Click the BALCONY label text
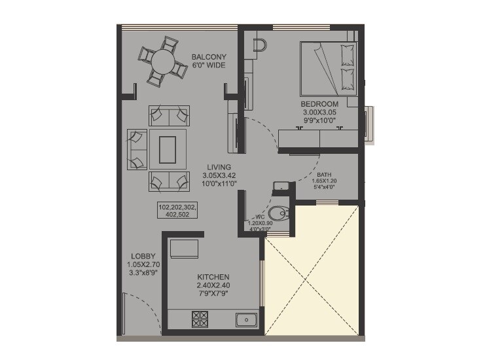pos(209,58)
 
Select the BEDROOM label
pos(319,104)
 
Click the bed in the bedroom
pos(328,68)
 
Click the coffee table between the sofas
pos(168,149)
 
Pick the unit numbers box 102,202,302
pos(177,209)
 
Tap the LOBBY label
pos(142,256)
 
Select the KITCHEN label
pos(213,277)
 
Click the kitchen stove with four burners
pos(200,319)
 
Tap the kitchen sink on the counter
pos(246,319)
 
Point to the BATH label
pos(324,175)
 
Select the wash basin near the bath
pos(281,186)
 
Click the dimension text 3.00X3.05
pos(319,113)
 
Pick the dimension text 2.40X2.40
pos(213,285)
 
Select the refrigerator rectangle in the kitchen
pos(184,249)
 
